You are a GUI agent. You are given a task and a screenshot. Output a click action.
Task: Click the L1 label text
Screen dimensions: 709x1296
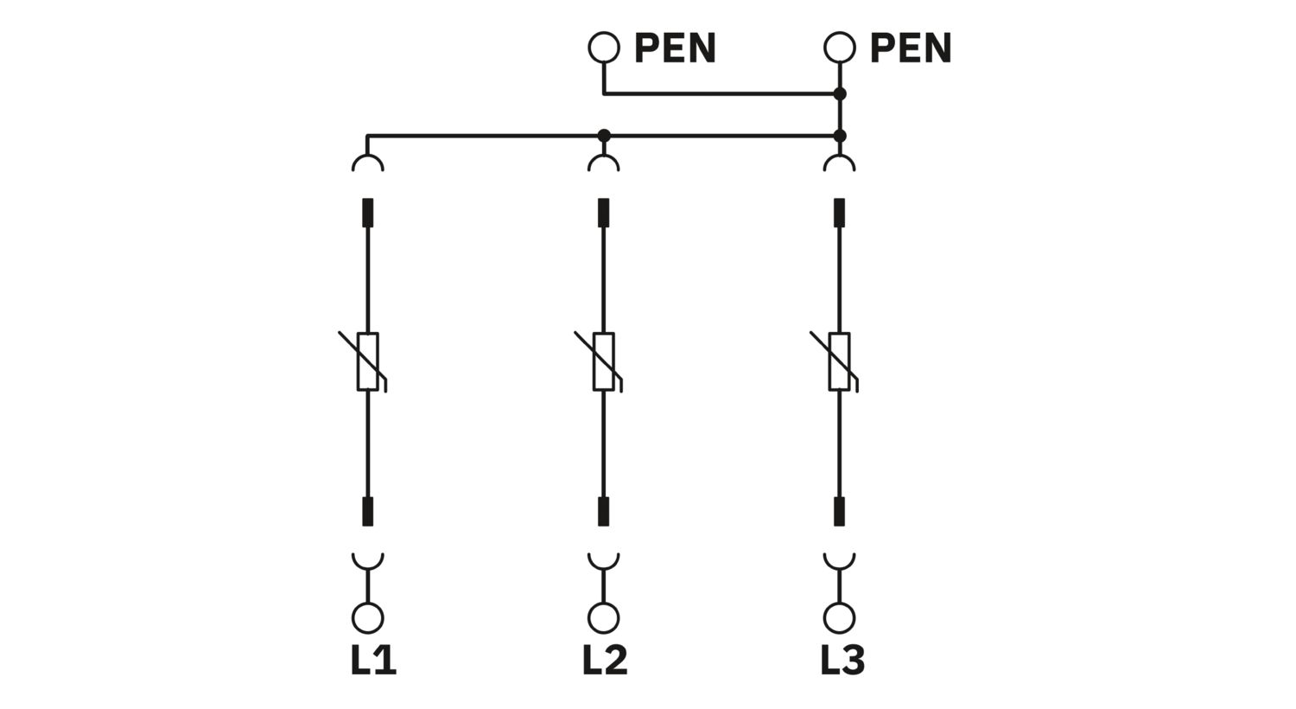pyautogui.click(x=373, y=661)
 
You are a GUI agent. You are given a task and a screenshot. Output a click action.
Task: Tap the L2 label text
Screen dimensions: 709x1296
pyautogui.click(x=605, y=661)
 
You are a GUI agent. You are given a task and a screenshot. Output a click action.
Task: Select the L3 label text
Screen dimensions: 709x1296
pyautogui.click(x=842, y=661)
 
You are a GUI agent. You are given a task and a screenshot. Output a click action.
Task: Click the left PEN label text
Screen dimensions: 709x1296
pyautogui.click(x=675, y=48)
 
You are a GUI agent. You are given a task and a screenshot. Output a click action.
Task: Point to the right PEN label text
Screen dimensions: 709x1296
pyautogui.click(x=911, y=48)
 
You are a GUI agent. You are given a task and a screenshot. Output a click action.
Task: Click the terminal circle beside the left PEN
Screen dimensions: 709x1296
pyautogui.click(x=604, y=48)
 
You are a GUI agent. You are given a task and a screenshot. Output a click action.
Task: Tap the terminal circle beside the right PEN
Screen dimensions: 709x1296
pyautogui.click(x=839, y=48)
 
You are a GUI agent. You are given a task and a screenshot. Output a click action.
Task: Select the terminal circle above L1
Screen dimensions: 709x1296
pyautogui.click(x=368, y=617)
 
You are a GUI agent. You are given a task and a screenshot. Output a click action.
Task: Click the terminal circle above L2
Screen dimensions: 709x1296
pyautogui.click(x=603, y=617)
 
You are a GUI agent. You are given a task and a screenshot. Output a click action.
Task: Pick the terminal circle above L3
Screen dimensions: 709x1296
pyautogui.click(x=839, y=617)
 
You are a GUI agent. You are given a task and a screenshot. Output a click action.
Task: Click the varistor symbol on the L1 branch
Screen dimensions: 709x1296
pyautogui.click(x=368, y=361)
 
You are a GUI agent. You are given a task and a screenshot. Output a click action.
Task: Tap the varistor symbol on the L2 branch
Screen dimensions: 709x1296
pyautogui.click(x=603, y=361)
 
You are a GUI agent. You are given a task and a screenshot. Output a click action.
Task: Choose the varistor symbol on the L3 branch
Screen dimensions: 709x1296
pyautogui.click(x=839, y=361)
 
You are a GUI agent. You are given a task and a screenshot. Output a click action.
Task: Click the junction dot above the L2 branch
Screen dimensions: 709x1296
pyautogui.click(x=604, y=136)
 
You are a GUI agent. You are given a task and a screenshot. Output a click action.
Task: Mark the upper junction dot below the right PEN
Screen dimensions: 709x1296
pyautogui.click(x=839, y=93)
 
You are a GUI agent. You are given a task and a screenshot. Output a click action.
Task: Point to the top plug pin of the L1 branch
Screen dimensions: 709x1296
pyautogui.click(x=368, y=213)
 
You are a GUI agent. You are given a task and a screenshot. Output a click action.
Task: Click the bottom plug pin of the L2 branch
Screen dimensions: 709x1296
pyautogui.click(x=603, y=511)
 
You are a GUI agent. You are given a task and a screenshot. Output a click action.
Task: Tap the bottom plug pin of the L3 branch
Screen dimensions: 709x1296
pyautogui.click(x=839, y=511)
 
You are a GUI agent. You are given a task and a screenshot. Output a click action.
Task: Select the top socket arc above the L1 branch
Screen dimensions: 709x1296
pyautogui.click(x=368, y=163)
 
